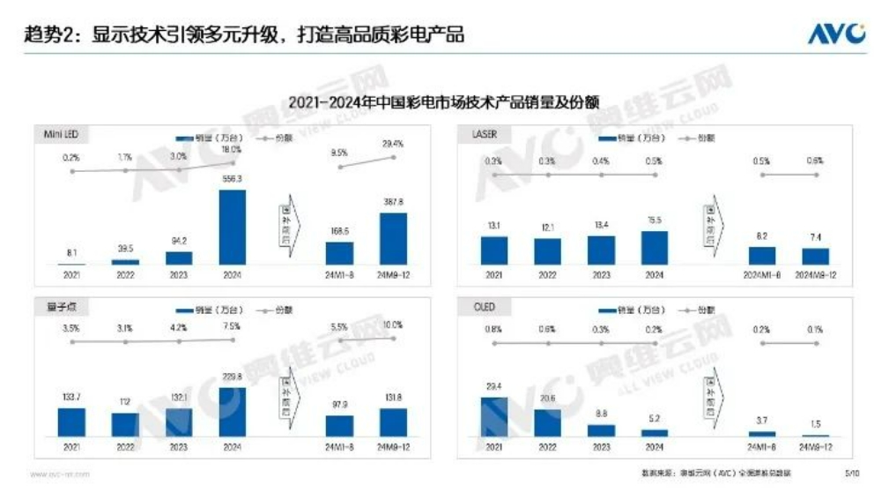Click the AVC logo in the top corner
point(836,34)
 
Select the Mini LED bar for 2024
point(232,227)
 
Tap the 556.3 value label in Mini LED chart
point(232,180)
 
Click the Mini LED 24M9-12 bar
point(393,238)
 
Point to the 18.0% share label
point(232,150)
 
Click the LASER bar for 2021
point(493,250)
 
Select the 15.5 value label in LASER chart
point(654,221)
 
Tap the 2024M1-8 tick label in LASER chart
point(762,275)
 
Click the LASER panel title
point(485,134)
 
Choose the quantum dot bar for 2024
point(232,412)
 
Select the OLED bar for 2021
point(493,416)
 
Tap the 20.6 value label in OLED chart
point(547,399)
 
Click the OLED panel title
point(484,307)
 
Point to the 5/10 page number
point(852,474)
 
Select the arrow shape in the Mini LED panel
point(290,224)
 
